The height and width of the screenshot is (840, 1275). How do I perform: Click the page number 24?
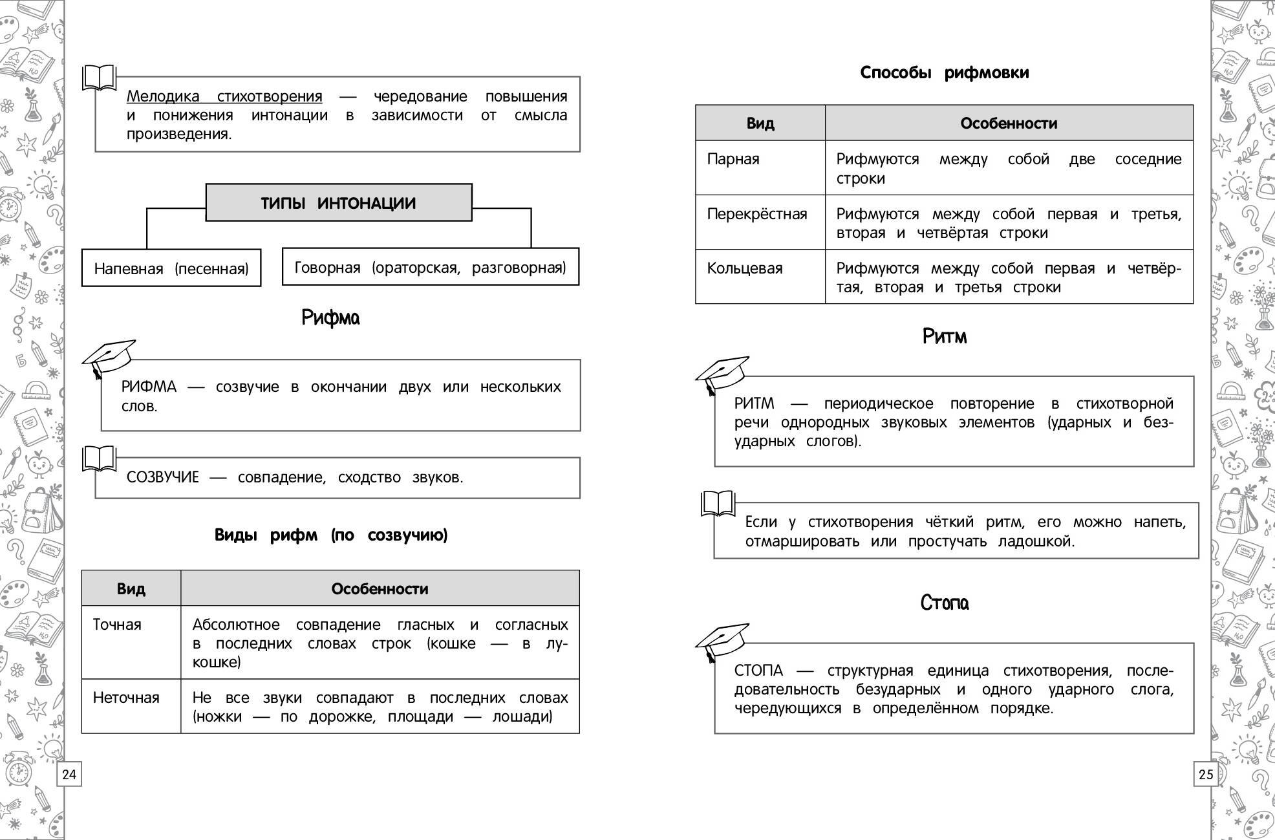point(69,774)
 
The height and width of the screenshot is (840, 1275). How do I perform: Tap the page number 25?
point(1206,774)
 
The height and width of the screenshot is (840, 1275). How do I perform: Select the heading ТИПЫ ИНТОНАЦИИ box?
point(338,203)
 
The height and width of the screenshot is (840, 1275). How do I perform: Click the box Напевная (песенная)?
point(171,268)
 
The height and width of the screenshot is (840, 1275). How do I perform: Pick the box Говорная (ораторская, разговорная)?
point(430,267)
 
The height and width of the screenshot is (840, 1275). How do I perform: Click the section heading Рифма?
point(330,318)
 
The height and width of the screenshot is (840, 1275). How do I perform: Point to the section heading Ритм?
point(944,336)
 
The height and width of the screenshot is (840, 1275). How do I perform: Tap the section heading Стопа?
point(945,603)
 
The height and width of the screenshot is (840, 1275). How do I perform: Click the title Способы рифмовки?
point(944,72)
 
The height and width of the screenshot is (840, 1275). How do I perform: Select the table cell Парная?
point(733,159)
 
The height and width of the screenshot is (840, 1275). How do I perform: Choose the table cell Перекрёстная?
point(756,214)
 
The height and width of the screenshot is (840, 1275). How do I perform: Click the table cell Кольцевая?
point(744,268)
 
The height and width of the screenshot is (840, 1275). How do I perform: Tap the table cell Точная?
point(117,625)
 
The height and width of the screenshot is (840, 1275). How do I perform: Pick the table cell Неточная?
point(126,698)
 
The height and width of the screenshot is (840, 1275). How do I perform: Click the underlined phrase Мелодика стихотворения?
point(224,96)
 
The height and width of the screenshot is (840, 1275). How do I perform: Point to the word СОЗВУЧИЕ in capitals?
point(162,477)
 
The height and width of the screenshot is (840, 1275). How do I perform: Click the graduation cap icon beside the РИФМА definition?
point(108,357)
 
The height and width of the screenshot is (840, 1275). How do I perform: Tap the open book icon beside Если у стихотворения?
point(718,503)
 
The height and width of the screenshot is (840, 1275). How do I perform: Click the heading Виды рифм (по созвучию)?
point(330,535)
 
